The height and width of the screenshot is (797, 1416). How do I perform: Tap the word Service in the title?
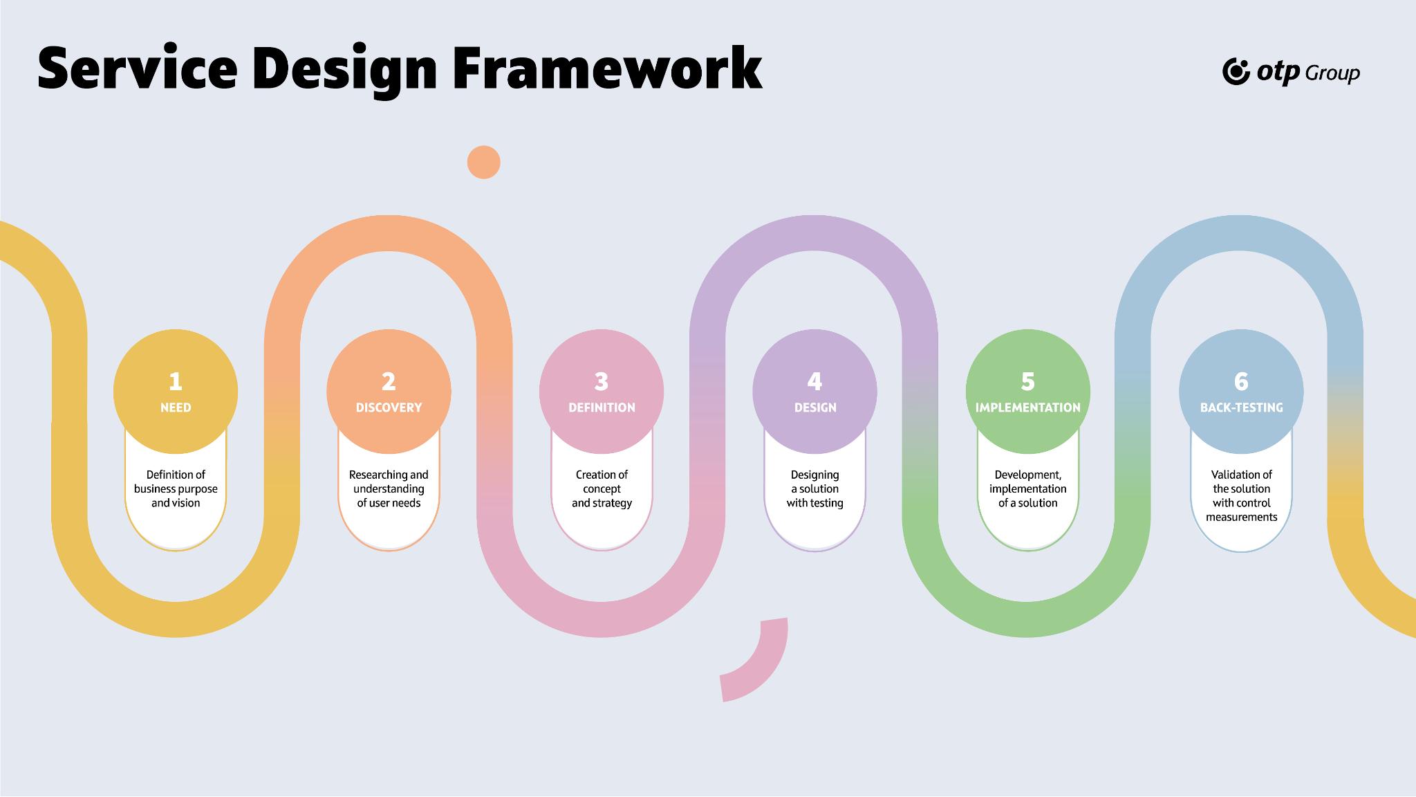138,68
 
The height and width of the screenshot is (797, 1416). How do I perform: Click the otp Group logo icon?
1236,72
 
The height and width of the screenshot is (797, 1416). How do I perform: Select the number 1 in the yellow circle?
176,381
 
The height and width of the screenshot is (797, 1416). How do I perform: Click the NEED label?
176,407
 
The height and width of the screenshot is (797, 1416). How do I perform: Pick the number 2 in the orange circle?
389,381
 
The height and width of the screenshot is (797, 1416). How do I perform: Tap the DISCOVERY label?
389,407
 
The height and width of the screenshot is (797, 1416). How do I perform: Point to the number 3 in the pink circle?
602,381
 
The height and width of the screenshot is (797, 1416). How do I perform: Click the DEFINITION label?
602,407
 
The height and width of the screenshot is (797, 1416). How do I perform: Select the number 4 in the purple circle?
814,381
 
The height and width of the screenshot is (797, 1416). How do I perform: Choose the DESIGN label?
815,407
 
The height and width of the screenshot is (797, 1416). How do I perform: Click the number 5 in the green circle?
1028,381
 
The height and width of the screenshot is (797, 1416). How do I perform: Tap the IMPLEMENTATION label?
1028,407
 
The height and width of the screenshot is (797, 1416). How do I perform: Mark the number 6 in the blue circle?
1241,381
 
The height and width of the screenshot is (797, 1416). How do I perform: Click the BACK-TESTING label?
1241,407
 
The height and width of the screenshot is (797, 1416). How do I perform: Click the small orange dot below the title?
484,163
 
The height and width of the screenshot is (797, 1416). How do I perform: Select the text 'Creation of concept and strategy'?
602,488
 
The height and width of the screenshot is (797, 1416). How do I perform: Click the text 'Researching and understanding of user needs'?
389,488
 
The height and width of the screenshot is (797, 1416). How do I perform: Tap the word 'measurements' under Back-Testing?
1241,517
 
